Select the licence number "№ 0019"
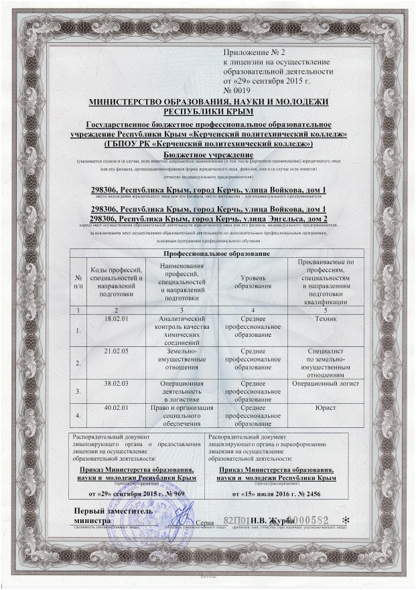pyautogui.click(x=239, y=90)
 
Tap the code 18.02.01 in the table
pyautogui.click(x=117, y=319)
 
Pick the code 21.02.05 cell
pyautogui.click(x=117, y=350)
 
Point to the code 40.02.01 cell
pyautogui.click(x=117, y=407)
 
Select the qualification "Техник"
pyautogui.click(x=324, y=319)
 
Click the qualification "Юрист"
pyautogui.click(x=324, y=407)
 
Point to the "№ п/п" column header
pyautogui.click(x=79, y=282)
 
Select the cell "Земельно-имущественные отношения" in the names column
pyautogui.click(x=181, y=359)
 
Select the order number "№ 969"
pyautogui.click(x=169, y=493)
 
